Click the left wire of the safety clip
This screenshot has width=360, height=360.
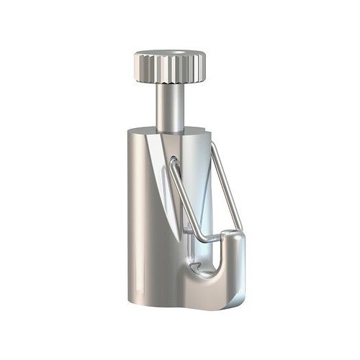click(180, 194)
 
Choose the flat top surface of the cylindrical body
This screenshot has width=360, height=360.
click(194, 135)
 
